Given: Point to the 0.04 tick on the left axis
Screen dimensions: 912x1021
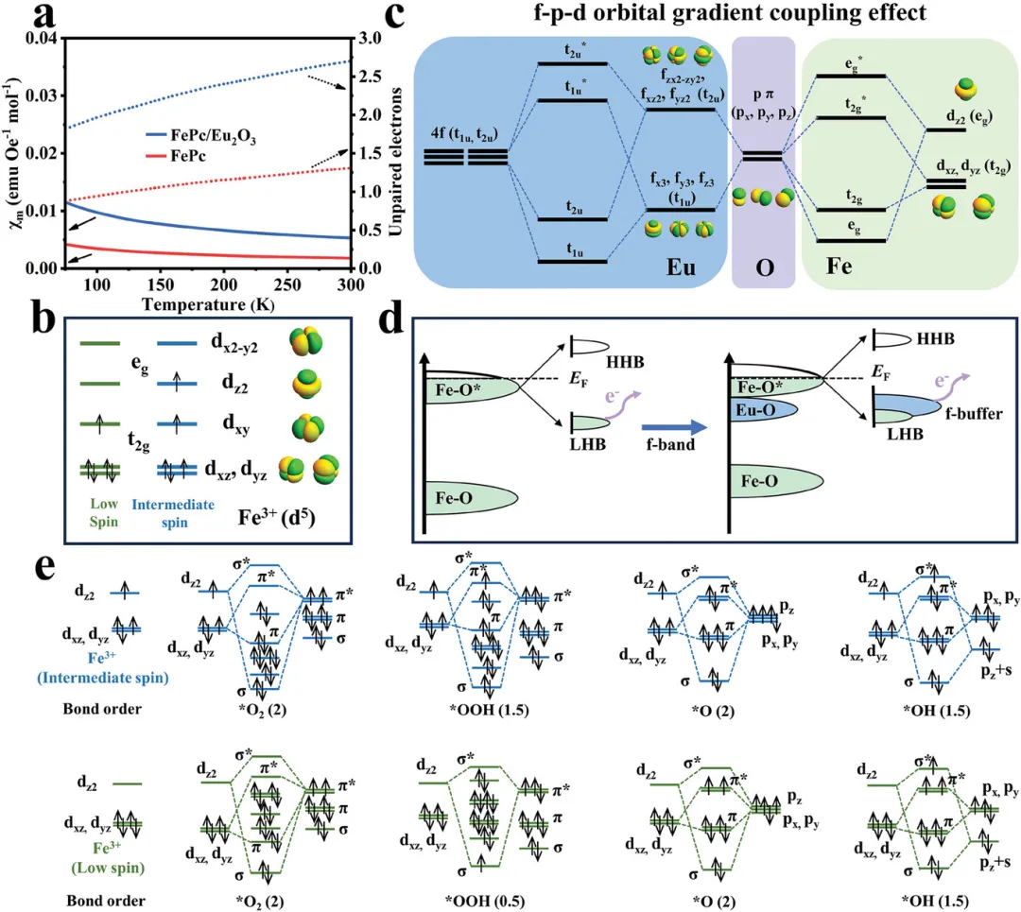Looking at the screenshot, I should point(41,38).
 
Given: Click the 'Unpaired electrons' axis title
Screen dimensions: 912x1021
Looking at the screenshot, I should point(389,152).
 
